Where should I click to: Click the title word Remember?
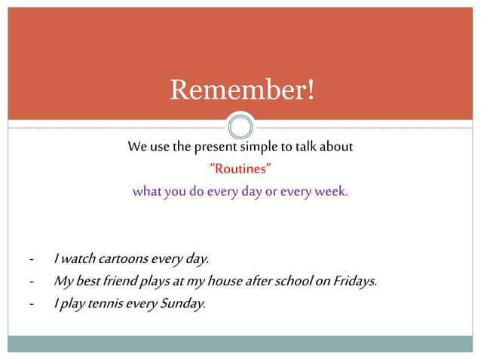point(240,90)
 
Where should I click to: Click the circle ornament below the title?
point(240,125)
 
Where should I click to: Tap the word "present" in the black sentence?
point(216,147)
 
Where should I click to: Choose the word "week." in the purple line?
point(331,191)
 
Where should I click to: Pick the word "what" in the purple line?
point(147,191)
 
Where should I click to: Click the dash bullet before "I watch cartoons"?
point(31,260)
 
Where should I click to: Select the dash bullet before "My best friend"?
point(31,282)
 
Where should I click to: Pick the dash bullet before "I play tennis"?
point(31,305)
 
